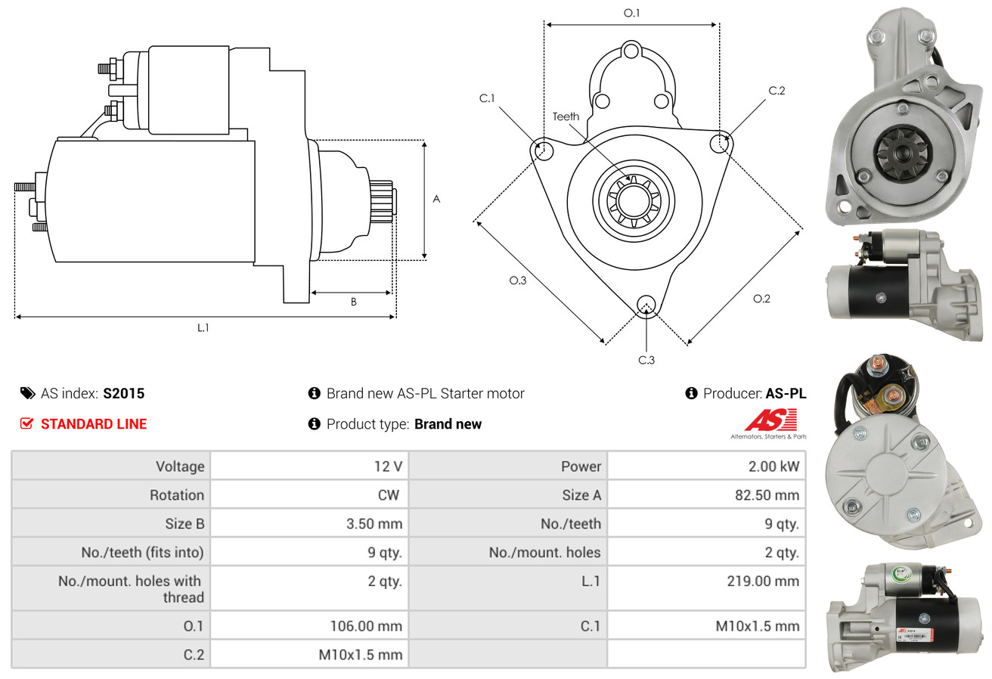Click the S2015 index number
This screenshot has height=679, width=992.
(x=123, y=393)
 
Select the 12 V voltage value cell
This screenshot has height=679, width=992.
(x=388, y=467)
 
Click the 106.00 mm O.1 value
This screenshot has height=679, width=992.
(x=366, y=626)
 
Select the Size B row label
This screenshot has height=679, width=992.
(x=184, y=523)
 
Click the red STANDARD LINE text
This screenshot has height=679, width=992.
(x=94, y=424)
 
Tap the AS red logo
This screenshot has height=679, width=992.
(x=770, y=420)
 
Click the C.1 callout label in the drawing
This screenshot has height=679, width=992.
(x=487, y=98)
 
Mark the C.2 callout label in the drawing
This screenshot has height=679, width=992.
(x=777, y=91)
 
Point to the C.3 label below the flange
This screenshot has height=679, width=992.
(x=646, y=360)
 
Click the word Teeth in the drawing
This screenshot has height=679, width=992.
(x=566, y=116)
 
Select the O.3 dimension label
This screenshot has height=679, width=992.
(x=517, y=280)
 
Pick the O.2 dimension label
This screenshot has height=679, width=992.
(x=761, y=299)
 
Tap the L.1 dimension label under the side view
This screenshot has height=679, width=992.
(x=203, y=327)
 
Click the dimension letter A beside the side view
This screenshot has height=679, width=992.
(x=436, y=200)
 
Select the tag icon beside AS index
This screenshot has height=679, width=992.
(x=27, y=393)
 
